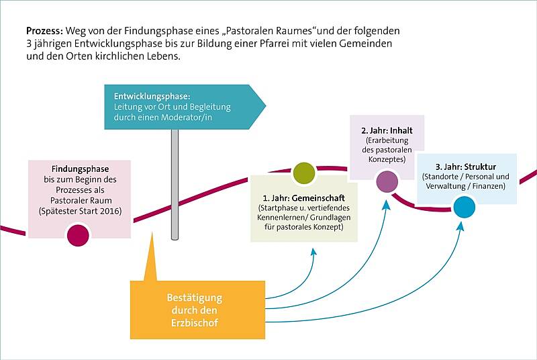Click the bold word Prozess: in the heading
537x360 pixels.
tap(44, 31)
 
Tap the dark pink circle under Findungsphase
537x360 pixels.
tap(78, 235)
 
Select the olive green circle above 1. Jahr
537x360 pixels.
tap(304, 173)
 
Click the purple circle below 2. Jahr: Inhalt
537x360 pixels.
tap(387, 181)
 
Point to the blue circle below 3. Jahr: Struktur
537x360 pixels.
tap(465, 207)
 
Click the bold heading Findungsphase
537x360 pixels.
tap(80, 169)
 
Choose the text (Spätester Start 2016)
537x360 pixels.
tap(80, 211)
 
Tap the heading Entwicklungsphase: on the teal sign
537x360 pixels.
tap(152, 96)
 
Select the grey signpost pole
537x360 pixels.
tap(175, 184)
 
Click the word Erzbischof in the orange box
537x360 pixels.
tap(195, 322)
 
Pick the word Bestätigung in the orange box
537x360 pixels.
tap(195, 298)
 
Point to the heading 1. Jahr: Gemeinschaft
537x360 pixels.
tap(304, 198)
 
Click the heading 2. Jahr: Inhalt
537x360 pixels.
tap(387, 130)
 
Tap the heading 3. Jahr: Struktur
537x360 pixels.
tap(466, 167)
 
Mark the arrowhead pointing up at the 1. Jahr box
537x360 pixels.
tap(313, 253)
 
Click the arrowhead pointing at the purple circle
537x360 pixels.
tap(387, 205)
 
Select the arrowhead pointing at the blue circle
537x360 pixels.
tap(461, 226)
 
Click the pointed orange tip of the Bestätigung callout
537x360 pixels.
tap(152, 232)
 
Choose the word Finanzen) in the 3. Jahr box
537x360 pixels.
tap(490, 186)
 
